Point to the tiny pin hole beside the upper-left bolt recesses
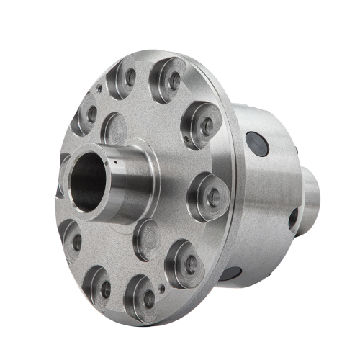click(99, 89)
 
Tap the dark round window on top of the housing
click(257, 144)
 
